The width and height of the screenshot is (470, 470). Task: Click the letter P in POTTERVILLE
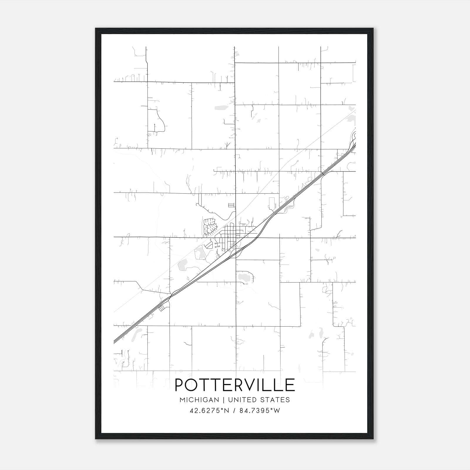click(180, 385)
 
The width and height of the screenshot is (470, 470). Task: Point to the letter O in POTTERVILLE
click(193, 385)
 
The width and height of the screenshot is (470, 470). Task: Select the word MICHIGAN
click(199, 400)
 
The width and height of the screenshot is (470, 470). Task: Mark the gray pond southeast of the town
click(244, 276)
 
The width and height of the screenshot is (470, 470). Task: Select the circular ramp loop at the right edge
click(354, 135)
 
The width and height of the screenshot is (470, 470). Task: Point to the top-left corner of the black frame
click(96, 29)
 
